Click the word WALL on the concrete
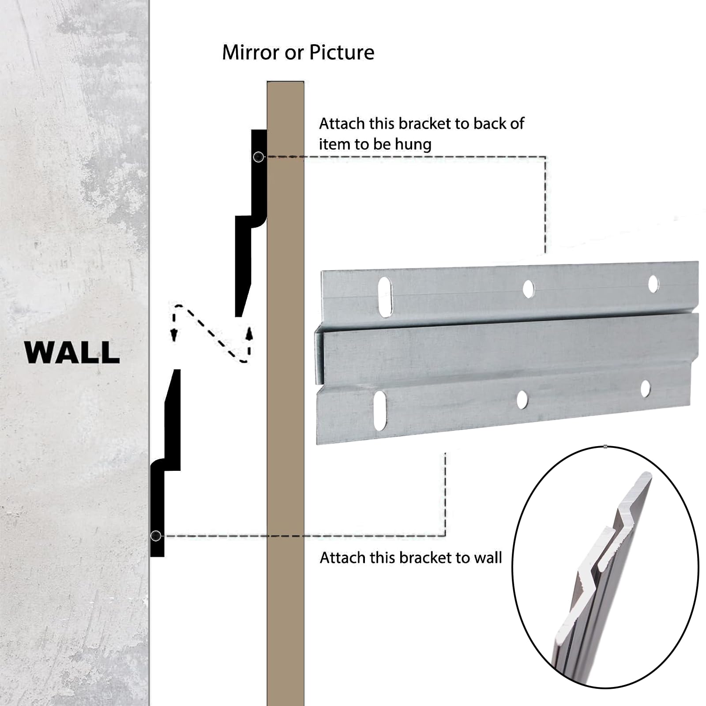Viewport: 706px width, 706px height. pos(72,352)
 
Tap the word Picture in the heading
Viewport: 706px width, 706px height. pos(342,53)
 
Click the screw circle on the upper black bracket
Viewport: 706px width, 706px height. pos(259,157)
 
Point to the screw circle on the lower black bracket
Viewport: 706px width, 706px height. pos(156,536)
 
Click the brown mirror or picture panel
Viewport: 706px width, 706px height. pos(285,393)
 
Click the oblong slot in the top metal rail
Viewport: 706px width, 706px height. pos(385,297)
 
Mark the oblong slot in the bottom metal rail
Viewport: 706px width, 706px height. pos(380,410)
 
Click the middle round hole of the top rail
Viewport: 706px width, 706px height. pos(528,289)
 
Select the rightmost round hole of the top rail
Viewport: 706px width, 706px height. pos(653,284)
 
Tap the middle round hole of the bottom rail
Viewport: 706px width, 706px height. pos(522,399)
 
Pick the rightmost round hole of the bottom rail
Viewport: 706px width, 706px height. pos(645,389)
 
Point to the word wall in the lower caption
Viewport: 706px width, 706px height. pos(488,558)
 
